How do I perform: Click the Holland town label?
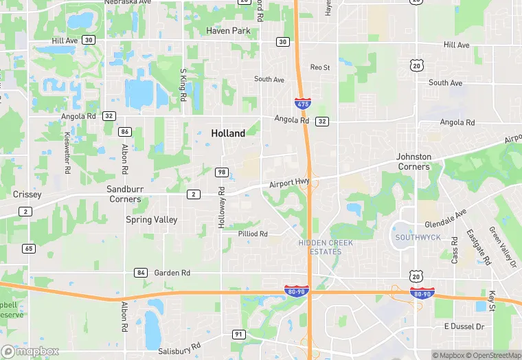[x=228, y=133]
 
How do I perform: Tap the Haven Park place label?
[x=228, y=31]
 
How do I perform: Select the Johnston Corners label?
[x=414, y=161]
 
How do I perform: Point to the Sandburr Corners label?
[x=124, y=194]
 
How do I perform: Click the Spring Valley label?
[x=151, y=220]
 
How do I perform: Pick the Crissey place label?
[x=27, y=194]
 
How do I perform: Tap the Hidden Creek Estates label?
[x=320, y=247]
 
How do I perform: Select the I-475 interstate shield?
[x=302, y=104]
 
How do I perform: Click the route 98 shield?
[x=221, y=172]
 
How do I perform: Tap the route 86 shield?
[x=124, y=131]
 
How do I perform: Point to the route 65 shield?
[x=28, y=249]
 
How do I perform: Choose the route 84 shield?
[x=141, y=273]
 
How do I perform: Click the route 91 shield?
[x=239, y=335]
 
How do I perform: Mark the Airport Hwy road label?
[x=290, y=183]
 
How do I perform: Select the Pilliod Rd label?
[x=253, y=234]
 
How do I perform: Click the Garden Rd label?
[x=172, y=273]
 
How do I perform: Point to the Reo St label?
[x=320, y=67]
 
